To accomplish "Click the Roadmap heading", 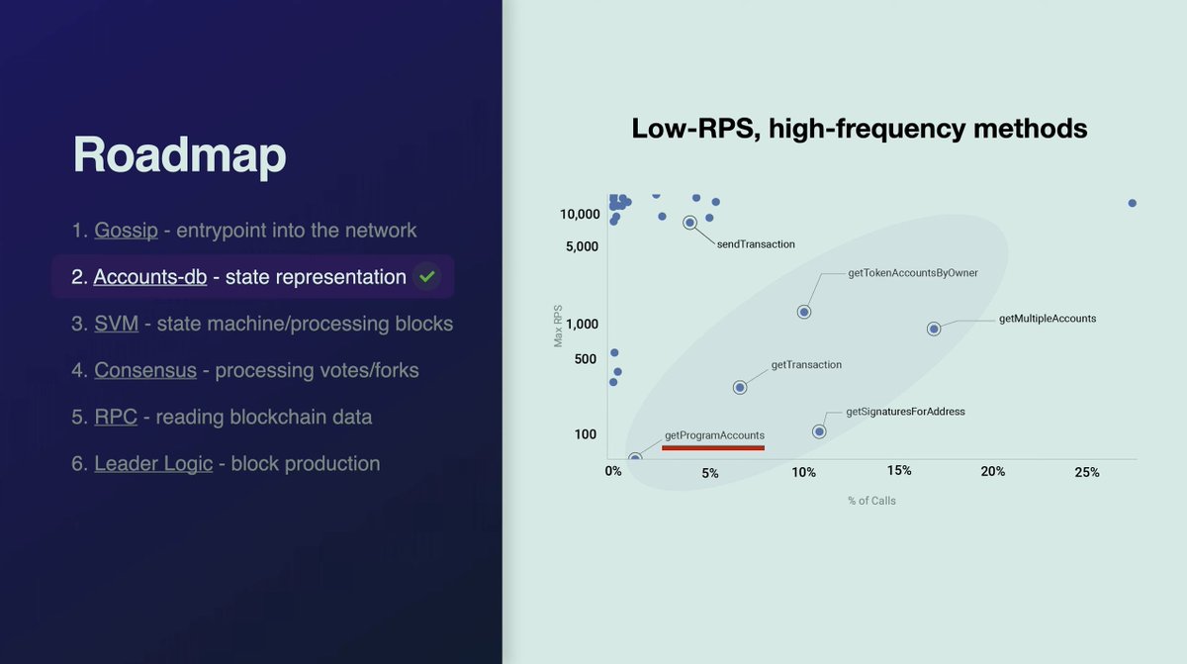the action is tap(180, 155).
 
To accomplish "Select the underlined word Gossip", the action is tap(126, 231).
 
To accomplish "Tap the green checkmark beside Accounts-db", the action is tap(426, 277).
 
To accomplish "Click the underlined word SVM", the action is tap(117, 324).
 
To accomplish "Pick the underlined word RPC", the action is tap(116, 417).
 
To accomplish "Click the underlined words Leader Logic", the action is tap(153, 463).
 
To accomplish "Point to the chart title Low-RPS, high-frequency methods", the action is tap(859, 129).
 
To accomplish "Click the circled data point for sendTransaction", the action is tap(689, 223).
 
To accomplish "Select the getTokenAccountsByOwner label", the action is tap(913, 273).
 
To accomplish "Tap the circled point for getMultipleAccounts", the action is tap(934, 329).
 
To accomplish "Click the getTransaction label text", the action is tap(806, 365).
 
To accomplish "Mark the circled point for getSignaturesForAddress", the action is tap(819, 431).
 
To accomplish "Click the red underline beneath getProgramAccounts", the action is tap(712, 448).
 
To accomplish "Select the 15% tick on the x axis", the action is tap(899, 471).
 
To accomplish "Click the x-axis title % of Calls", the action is tap(871, 501).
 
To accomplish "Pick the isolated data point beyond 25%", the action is tap(1132, 203).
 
